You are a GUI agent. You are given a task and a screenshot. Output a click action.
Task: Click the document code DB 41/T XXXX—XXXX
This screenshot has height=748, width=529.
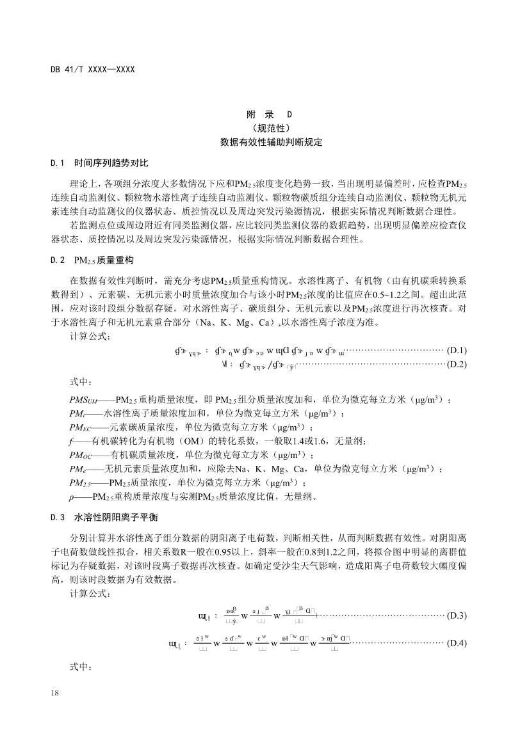[x=93, y=69]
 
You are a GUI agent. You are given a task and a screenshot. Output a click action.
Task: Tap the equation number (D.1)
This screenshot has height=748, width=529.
[x=457, y=349]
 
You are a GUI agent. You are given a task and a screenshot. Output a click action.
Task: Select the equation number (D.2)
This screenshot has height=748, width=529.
[x=457, y=364]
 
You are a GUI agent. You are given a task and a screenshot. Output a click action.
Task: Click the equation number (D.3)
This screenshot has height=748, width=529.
[x=457, y=616]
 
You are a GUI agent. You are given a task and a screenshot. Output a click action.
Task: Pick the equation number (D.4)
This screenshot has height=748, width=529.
[x=457, y=642]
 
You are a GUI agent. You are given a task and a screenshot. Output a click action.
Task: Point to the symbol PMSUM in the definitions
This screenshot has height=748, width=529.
[x=84, y=400]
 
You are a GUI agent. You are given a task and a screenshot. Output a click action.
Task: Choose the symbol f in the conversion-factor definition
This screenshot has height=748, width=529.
[x=71, y=442]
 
